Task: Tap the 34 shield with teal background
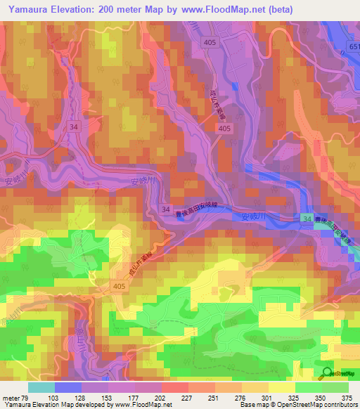click(307, 220)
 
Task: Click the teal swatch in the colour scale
click(41, 387)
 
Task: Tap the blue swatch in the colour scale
click(68, 387)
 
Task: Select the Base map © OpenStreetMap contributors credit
click(297, 405)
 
